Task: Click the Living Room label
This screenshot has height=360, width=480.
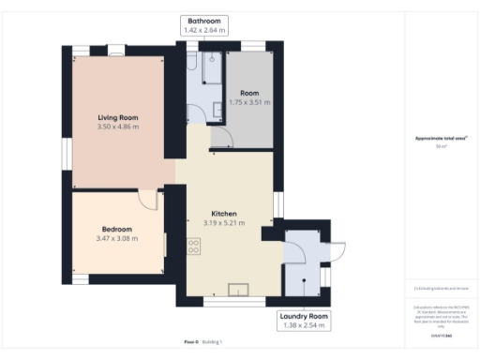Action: tap(118, 117)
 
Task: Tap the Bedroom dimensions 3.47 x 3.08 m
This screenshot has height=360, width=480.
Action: tap(118, 238)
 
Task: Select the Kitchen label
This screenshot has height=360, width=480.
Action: tap(223, 214)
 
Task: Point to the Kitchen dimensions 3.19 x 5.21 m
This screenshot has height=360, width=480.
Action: tap(223, 223)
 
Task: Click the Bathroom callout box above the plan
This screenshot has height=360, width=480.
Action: tap(203, 25)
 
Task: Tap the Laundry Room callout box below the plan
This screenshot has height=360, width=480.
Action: tap(305, 321)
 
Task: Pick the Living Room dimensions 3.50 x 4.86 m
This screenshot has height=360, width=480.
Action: tap(118, 127)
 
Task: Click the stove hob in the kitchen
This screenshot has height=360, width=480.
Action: tap(194, 247)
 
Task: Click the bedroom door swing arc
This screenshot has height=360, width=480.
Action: tap(148, 199)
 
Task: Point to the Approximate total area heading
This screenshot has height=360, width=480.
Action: tap(440, 139)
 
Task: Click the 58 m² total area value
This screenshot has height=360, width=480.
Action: tap(440, 147)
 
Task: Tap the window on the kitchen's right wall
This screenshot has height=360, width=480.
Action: tap(277, 204)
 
